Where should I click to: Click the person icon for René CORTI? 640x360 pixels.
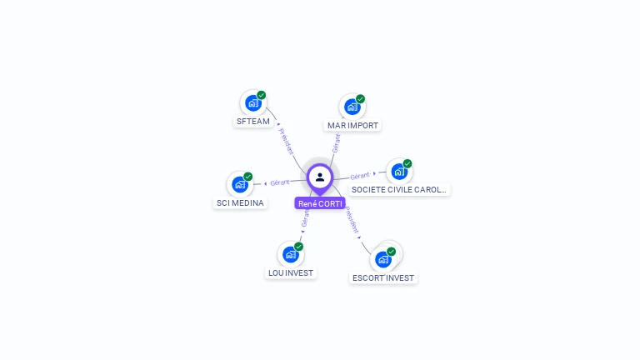320,177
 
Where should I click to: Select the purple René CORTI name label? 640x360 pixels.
320,203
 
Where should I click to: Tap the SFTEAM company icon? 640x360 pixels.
252,103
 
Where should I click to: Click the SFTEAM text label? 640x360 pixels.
253,122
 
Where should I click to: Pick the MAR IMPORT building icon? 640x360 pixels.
352,107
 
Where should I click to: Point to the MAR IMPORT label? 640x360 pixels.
352,126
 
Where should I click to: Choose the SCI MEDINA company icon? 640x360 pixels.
240,184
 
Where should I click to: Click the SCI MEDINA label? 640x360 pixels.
240,203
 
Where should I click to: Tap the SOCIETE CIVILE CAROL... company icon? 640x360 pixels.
399,172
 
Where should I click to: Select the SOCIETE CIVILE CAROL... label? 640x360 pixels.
399,190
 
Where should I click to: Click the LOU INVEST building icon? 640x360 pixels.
290,254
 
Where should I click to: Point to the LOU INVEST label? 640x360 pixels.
291,273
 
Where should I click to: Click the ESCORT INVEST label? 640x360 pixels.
383,278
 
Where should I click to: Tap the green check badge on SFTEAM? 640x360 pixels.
262,95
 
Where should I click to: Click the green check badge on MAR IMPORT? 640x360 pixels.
361,98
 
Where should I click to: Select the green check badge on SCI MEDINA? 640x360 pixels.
248,176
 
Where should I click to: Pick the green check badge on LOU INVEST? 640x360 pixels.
299,246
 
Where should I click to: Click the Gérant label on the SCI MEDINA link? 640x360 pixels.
279,182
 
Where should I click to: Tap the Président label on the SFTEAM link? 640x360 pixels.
286,141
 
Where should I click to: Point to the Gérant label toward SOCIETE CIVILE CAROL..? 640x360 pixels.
360,176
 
